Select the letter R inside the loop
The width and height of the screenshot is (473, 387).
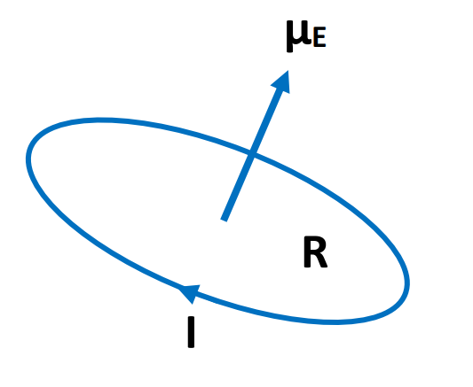[x=315, y=252]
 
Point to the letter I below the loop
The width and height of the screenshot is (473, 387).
[x=191, y=332]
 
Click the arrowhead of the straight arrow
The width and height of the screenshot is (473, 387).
[x=282, y=81]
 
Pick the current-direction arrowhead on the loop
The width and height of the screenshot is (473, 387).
[x=189, y=293]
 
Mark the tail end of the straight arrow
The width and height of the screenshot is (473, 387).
[x=224, y=220]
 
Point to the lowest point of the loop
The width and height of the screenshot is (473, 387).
[x=335, y=322]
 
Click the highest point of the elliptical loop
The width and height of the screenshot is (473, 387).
[x=99, y=120]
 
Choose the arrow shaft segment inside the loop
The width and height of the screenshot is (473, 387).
[x=238, y=188]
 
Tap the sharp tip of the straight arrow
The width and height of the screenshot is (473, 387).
[x=288, y=71]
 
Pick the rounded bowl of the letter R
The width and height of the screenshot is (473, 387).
[x=319, y=245]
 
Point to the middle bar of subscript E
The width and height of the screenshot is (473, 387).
[x=319, y=39]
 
